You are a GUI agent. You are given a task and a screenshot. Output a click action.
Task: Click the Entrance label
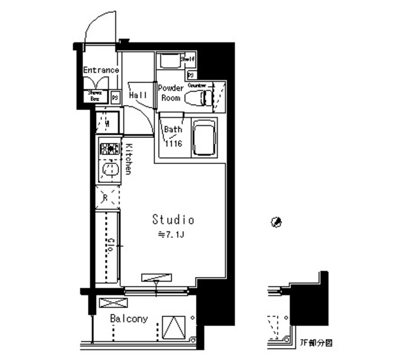tap(101, 70)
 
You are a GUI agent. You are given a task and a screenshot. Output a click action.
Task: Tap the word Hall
tap(138, 95)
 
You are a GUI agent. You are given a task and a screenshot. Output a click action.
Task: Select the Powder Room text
tap(170, 93)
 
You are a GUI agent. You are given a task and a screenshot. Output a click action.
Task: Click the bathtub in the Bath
tap(204, 137)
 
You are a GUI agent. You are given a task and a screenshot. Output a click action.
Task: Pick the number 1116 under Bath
tap(173, 144)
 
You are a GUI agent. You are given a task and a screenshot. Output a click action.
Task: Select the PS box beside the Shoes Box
tap(115, 97)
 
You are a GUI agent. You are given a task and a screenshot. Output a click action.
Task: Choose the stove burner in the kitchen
tap(108, 150)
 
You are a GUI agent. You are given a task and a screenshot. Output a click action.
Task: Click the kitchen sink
tap(108, 170)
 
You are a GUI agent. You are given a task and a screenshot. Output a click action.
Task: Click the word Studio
tap(173, 220)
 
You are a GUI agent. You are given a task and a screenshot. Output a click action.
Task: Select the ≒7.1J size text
tap(171, 235)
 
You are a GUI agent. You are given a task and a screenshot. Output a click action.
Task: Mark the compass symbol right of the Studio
tap(275, 221)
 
